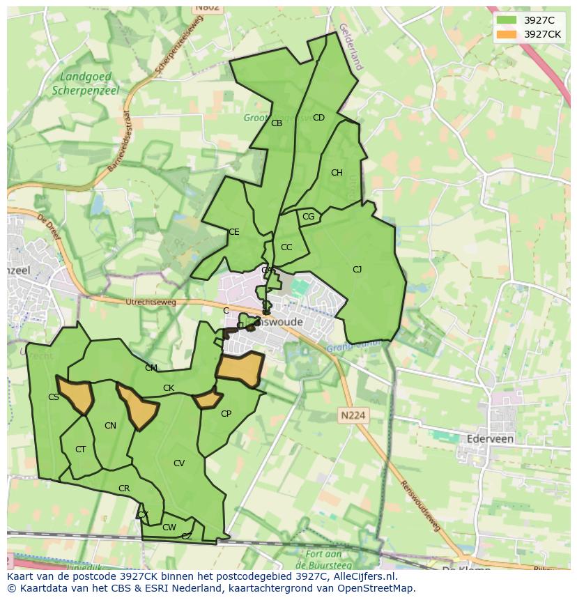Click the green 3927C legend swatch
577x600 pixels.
[506, 20]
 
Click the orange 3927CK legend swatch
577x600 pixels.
[506, 34]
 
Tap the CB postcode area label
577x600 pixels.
[277, 123]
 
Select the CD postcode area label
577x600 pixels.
[318, 118]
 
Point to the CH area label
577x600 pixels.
[337, 173]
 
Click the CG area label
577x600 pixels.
[309, 217]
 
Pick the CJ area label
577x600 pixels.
[357, 270]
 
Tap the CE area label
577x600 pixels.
[234, 232]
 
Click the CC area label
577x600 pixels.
[286, 247]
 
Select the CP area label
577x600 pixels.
[226, 414]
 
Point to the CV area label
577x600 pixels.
[179, 463]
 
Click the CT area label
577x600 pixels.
[80, 449]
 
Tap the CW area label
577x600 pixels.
[169, 528]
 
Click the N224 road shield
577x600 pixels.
[353, 415]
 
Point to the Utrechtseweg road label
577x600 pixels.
[151, 302]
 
